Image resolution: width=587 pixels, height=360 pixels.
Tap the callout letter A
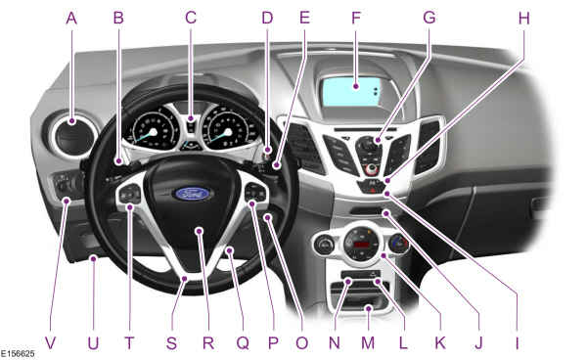click(x=71, y=17)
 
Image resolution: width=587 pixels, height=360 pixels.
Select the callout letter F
click(x=355, y=17)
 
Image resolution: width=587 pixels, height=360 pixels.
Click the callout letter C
click(x=192, y=17)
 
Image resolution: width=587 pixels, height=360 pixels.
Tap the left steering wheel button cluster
click(x=131, y=199)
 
